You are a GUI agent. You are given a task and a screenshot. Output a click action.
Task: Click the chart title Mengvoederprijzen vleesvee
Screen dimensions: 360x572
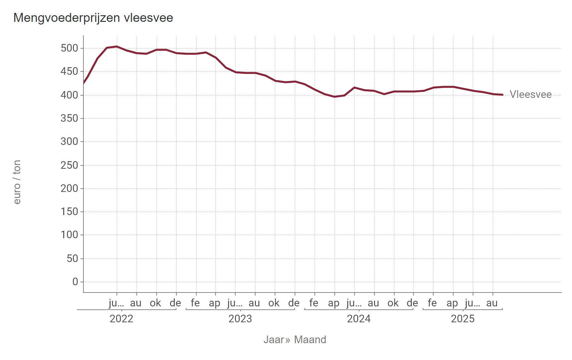93,18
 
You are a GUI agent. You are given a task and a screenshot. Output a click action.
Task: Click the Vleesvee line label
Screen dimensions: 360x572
530,95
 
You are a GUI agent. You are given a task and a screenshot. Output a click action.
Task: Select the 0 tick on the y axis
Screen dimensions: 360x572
75,282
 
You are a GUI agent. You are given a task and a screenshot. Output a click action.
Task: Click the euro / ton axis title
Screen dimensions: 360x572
17,182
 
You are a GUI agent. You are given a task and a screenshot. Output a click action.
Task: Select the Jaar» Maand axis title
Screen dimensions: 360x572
295,340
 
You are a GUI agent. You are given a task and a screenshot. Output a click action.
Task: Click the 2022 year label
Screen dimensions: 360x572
121,319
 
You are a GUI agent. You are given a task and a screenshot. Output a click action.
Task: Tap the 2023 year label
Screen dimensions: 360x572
240,319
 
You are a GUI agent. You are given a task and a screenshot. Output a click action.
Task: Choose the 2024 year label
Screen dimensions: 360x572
359,319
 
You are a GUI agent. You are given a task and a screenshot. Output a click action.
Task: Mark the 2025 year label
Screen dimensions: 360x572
463,319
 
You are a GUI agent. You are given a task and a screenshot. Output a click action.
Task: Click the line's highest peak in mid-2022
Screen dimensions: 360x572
117,46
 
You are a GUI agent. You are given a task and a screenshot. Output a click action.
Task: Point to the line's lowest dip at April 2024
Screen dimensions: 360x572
335,97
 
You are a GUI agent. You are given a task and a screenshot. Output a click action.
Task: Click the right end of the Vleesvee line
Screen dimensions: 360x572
502,95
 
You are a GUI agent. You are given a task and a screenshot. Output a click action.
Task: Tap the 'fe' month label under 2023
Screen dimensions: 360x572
195,303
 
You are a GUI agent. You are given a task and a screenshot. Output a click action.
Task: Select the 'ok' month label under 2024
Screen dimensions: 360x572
393,303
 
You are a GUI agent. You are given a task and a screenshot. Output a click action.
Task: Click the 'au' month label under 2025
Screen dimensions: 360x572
492,303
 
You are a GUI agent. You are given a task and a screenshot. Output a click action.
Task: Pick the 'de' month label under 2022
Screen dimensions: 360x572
175,303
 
